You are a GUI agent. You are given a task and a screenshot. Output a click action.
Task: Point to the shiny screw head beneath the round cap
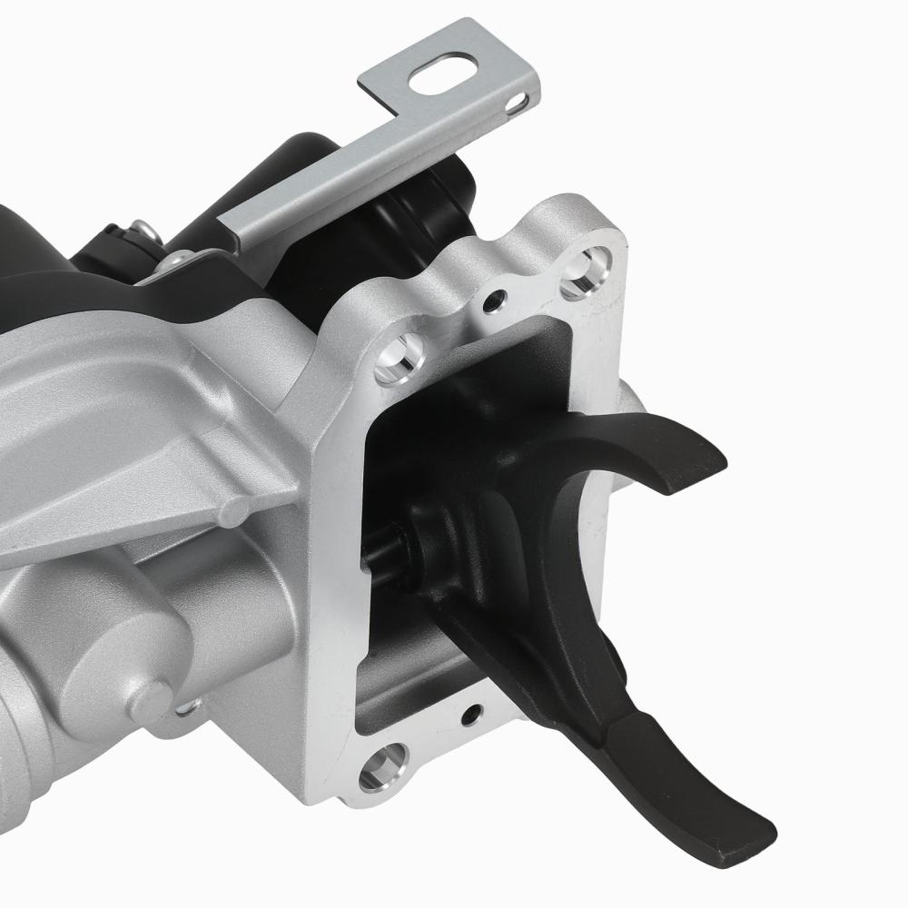pyautogui.click(x=187, y=708)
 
